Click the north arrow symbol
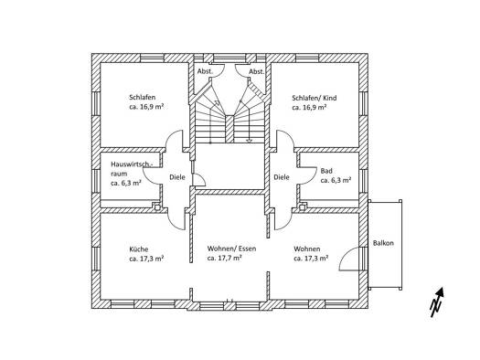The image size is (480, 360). tap(437, 302)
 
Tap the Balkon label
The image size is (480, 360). tap(383, 243)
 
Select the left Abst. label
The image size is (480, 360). tap(205, 71)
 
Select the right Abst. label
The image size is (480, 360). tap(257, 71)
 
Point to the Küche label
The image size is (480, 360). tap(139, 249)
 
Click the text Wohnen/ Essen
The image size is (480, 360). tap(231, 249)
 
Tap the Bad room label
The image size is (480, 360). tap(326, 171)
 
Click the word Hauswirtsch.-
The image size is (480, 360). tap(131, 164)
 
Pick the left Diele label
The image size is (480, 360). tap(177, 177)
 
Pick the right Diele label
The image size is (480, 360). tap(282, 177)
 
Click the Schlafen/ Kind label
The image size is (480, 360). tap(315, 98)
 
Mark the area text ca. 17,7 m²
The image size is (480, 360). tap(225, 259)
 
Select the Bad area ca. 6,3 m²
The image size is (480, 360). tap(336, 180)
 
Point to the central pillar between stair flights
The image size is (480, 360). tap(229, 129)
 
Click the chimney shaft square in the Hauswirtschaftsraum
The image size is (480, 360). tap(157, 207)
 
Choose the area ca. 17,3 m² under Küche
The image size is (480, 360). tap(146, 259)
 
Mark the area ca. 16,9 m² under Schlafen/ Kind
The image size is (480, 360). tap(309, 107)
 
